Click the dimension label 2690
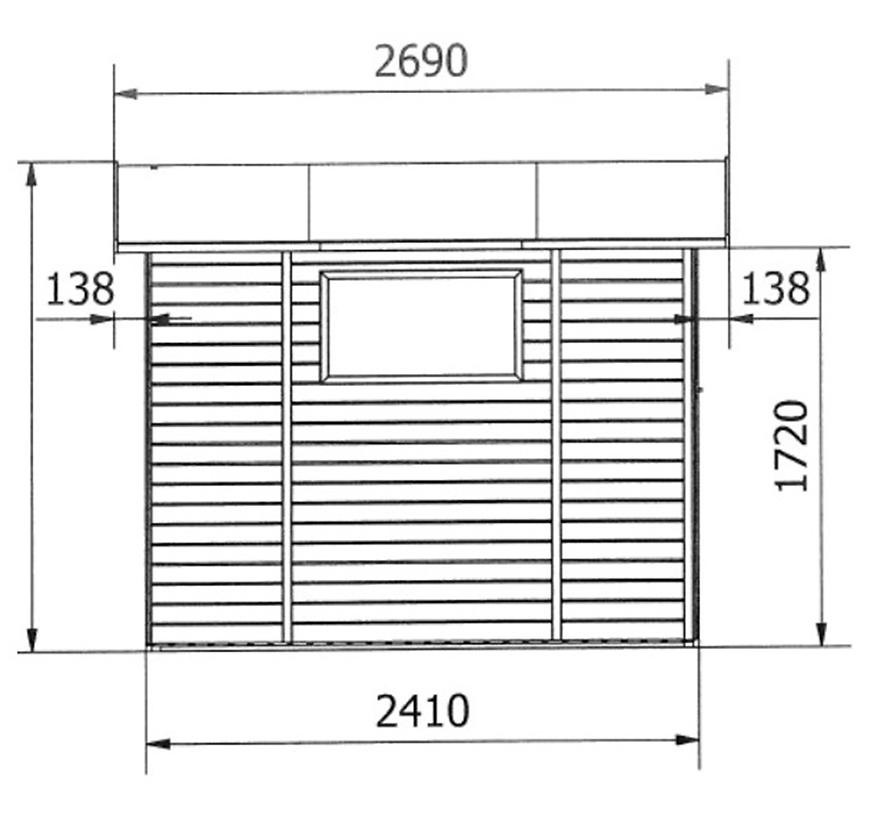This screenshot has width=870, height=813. [421, 61]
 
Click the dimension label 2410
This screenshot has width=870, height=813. [422, 711]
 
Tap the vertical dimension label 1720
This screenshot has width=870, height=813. [791, 446]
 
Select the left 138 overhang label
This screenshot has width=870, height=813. [80, 289]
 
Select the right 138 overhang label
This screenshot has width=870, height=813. [775, 288]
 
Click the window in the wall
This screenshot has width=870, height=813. [422, 326]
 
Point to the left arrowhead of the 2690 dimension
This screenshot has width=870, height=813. [126, 93]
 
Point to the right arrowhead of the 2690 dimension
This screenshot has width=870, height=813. [717, 89]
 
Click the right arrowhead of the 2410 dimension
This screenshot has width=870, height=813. [687, 740]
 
